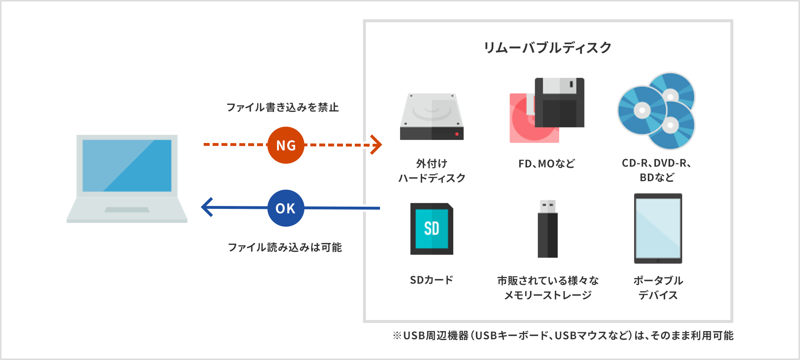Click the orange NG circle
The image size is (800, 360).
(286, 145)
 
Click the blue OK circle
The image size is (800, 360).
(286, 208)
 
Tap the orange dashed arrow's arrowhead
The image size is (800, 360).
(377, 145)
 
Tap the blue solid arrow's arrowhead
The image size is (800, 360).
(207, 207)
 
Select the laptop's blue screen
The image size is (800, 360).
(127, 165)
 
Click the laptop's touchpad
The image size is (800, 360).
(127, 210)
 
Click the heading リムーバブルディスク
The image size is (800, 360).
(547, 48)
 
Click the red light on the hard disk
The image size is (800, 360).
(457, 134)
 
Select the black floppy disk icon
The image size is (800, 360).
(560, 103)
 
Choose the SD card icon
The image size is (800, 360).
(432, 229)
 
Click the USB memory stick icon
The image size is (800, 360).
(547, 230)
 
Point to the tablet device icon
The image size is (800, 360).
(658, 229)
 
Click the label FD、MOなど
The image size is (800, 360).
(547, 164)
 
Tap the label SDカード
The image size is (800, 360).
(431, 280)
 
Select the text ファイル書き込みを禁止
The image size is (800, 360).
(282, 107)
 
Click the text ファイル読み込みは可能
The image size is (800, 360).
(284, 247)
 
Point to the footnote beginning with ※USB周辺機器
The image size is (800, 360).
(563, 336)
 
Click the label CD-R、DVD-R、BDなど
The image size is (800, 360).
(657, 170)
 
